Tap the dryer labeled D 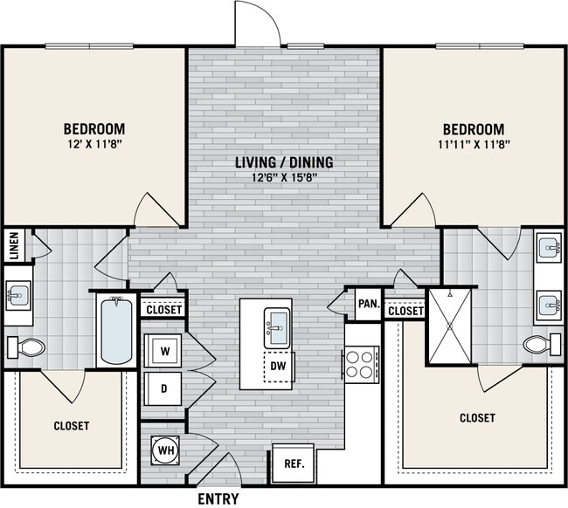coord(163,387)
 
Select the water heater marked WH coord(163,450)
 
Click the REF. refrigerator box coord(294,463)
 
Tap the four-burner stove coord(361,362)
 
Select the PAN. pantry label coord(368,305)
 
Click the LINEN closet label coord(14,245)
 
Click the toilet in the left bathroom coord(28,347)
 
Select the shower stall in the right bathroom coord(449,324)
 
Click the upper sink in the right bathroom coord(548,247)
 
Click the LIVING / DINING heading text coord(284,163)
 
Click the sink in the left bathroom coord(17,295)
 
